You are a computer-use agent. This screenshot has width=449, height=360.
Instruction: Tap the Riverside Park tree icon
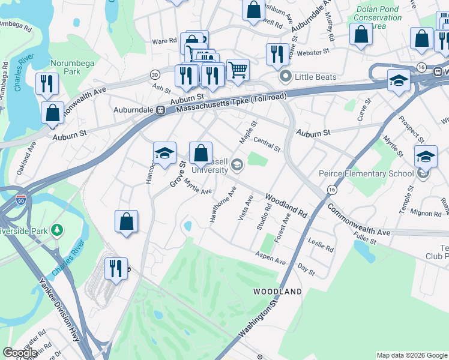click(57, 230)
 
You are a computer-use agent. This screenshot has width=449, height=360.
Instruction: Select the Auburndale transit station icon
click(161, 110)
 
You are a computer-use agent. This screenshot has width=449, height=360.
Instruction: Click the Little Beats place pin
click(286, 77)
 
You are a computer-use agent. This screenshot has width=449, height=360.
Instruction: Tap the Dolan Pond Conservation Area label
click(378, 18)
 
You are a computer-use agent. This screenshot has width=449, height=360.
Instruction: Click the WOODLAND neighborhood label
click(277, 292)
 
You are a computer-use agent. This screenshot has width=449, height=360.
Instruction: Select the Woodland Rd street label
click(286, 205)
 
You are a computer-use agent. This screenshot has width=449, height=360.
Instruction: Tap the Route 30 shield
click(155, 74)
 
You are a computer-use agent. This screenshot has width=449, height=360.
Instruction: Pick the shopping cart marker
click(238, 70)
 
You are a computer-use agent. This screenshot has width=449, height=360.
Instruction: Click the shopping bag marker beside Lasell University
click(201, 154)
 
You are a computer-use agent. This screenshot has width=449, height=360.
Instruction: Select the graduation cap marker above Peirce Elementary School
click(426, 157)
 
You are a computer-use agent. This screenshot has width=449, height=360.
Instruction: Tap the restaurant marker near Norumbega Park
click(46, 84)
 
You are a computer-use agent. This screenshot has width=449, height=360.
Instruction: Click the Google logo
click(20, 353)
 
